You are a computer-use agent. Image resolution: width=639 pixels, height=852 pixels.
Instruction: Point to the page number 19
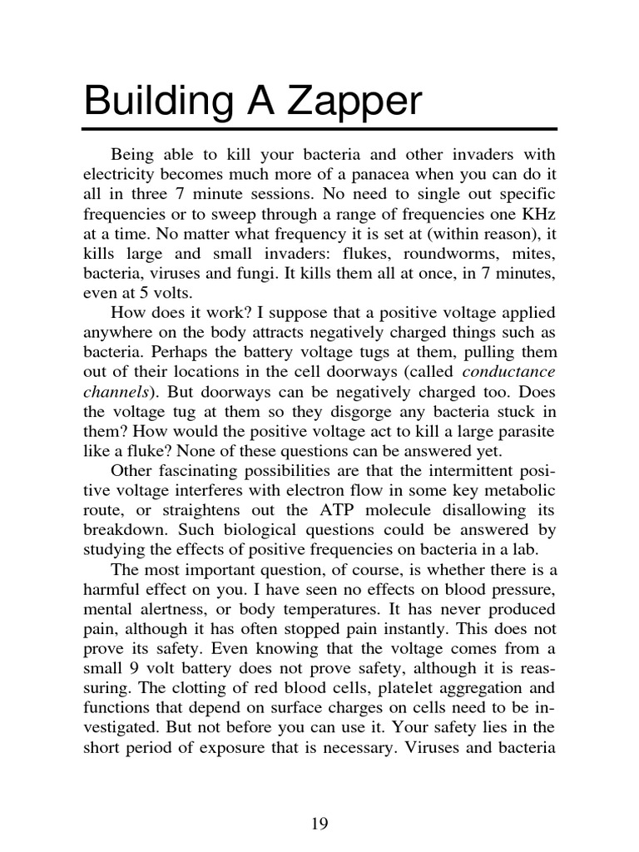tap(319, 824)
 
